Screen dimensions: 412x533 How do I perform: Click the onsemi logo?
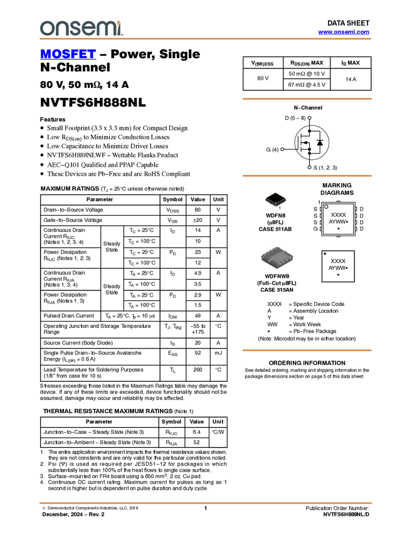81,28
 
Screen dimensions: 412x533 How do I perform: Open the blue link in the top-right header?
344,32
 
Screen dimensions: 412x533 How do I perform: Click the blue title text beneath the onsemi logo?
68,55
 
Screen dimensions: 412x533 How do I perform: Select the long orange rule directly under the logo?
206,39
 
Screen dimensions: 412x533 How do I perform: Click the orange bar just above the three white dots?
307,98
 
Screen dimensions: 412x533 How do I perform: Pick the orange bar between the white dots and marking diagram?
307,176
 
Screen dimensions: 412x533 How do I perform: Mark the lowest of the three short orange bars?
307,351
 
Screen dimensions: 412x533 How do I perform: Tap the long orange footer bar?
206,502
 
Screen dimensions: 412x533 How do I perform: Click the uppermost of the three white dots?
309,118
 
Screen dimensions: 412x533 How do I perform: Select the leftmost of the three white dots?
282,149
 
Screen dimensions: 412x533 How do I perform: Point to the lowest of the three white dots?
309,167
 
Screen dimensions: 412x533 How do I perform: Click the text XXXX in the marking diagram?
338,215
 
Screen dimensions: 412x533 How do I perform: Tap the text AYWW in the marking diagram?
337,222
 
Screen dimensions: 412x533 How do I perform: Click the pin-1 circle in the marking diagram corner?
326,207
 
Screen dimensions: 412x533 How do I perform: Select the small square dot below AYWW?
339,229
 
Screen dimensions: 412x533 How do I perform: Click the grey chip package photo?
277,258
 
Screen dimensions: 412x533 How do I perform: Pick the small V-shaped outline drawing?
275,202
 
